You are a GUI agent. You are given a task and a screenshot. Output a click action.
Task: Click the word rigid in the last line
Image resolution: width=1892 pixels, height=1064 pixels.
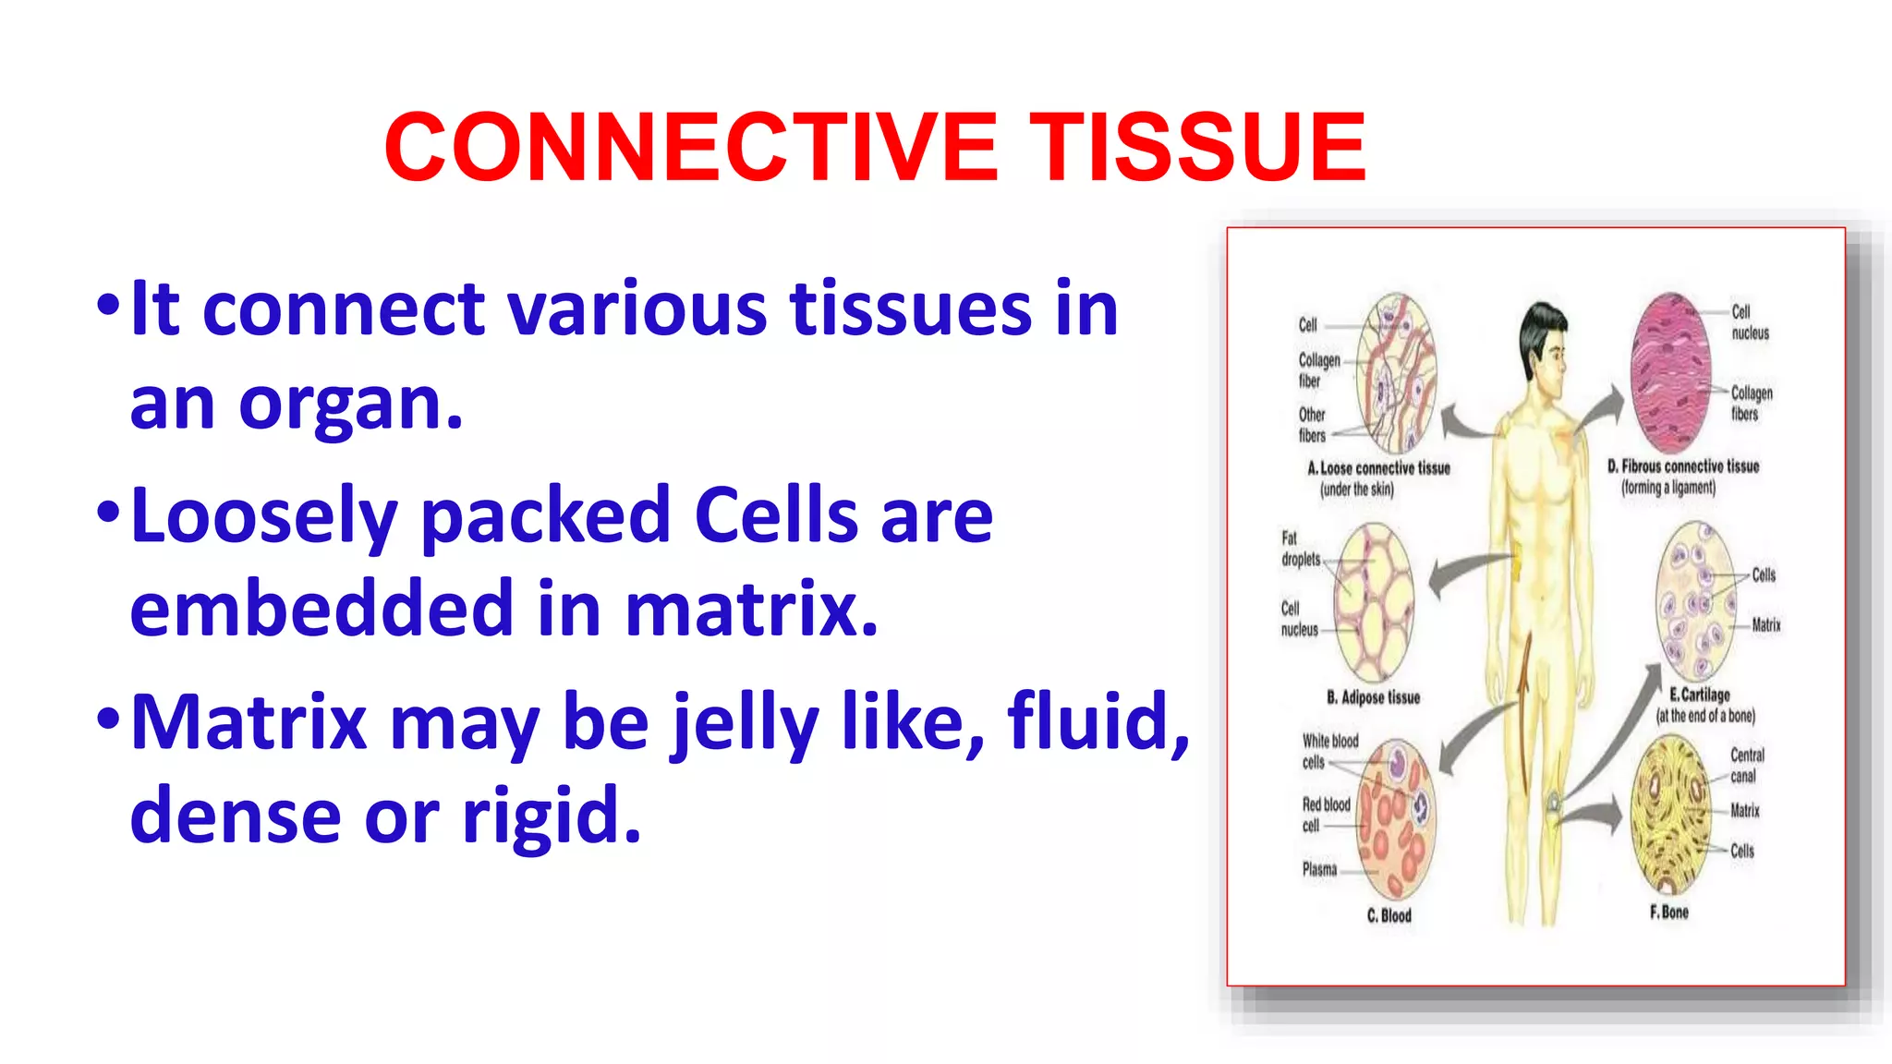(551, 816)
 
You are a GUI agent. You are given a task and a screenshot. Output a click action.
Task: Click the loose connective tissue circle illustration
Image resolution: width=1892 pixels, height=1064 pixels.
(1396, 373)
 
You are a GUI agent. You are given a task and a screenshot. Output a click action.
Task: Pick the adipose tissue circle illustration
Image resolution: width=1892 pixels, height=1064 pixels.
(1374, 602)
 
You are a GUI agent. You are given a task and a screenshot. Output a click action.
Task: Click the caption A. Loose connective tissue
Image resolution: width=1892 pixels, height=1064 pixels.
(1378, 468)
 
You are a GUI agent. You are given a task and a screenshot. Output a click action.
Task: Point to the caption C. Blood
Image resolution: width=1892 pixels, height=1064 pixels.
(1389, 915)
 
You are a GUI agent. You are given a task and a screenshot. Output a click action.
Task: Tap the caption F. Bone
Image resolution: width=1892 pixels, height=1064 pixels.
(1668, 913)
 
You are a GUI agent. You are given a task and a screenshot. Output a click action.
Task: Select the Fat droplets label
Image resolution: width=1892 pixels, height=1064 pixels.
(1299, 549)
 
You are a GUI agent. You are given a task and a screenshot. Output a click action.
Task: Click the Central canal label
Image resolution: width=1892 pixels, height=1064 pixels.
(1746, 765)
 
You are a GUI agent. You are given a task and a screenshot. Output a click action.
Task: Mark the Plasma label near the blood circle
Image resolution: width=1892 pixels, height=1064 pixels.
(1319, 869)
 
